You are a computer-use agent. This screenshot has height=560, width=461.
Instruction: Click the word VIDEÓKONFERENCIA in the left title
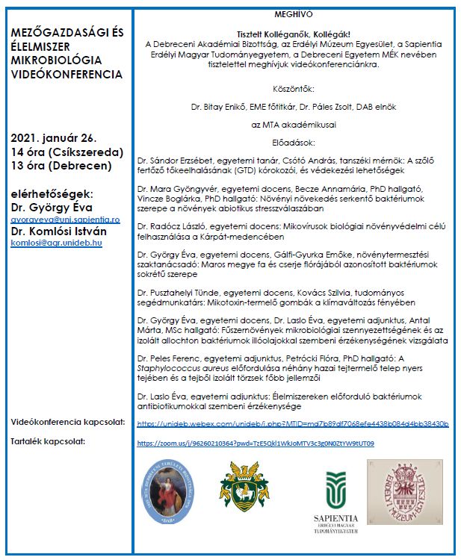point(68,75)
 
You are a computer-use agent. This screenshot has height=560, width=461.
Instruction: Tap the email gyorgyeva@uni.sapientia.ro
point(65,220)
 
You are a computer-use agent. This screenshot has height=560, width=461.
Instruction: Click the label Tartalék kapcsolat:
point(48,442)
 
